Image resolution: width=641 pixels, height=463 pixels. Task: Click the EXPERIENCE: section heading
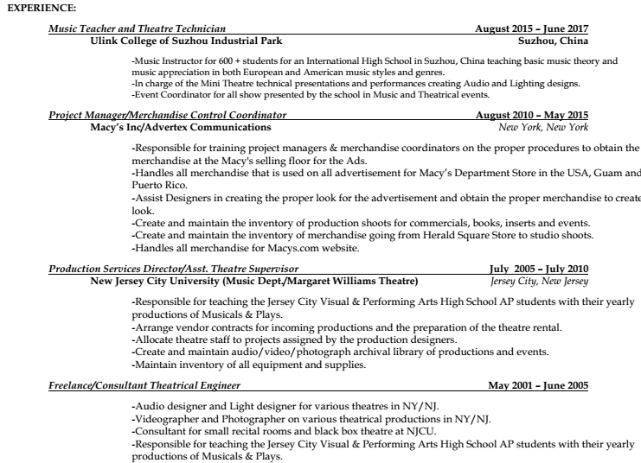(41, 8)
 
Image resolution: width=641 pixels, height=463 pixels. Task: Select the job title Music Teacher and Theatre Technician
(138, 29)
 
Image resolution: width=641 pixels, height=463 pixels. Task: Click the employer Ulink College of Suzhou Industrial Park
(185, 40)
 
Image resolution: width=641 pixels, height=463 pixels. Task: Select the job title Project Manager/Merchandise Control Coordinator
(168, 115)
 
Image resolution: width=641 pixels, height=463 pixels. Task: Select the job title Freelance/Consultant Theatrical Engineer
(144, 384)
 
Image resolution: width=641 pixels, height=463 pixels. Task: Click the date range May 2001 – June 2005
(538, 384)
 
